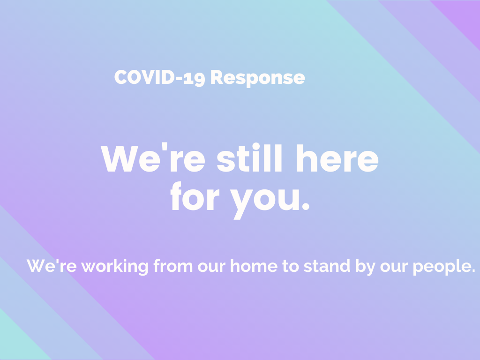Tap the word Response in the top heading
click(258, 78)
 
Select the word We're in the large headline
click(153, 157)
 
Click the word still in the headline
click(249, 157)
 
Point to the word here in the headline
click(337, 158)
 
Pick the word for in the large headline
click(195, 196)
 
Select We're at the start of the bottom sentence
click(52, 266)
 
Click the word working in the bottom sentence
click(115, 266)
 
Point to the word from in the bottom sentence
click(173, 266)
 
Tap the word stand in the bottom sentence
click(327, 266)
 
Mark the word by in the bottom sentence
click(366, 267)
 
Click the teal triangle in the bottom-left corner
click(17, 343)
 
